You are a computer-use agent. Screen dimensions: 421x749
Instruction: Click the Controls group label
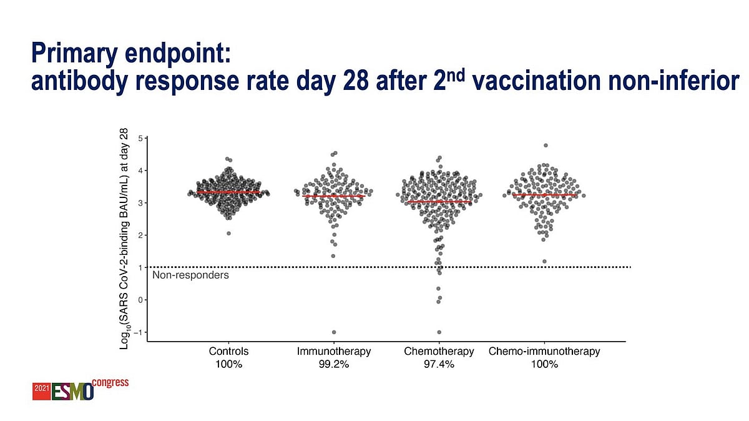(228, 352)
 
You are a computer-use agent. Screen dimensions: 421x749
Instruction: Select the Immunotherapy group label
(334, 352)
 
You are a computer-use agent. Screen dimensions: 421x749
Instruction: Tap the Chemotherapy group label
(439, 352)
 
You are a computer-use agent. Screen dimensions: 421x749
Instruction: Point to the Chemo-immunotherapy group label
(544, 352)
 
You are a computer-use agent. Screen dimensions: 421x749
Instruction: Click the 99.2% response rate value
(334, 364)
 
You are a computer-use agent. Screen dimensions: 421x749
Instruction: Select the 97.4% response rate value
(439, 364)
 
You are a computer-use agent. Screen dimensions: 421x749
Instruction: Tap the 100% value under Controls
(228, 364)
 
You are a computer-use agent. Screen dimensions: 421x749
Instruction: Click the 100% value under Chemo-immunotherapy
(544, 364)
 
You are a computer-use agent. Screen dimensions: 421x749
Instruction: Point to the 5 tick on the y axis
(142, 137)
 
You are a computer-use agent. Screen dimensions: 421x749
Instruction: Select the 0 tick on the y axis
(142, 300)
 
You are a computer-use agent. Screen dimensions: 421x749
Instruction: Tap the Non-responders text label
(190, 275)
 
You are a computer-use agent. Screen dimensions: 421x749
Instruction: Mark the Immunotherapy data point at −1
(334, 332)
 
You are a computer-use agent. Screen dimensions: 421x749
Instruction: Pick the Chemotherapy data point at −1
(439, 332)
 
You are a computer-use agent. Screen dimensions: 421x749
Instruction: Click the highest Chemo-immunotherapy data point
(546, 146)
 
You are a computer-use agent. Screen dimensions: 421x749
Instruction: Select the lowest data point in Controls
(228, 234)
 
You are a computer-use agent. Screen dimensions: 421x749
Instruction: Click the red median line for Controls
(228, 192)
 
